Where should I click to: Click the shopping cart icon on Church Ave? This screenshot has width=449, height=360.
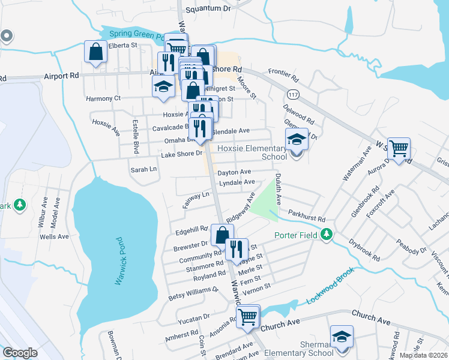coord(248,316)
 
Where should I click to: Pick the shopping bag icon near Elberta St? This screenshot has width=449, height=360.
coord(96,52)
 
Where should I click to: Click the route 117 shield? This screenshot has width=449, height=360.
coord(293,95)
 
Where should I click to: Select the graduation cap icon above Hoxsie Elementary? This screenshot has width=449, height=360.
coord(297,140)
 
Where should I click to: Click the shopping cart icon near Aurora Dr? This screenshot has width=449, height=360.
coord(399,147)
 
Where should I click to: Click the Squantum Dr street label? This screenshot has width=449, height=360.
coord(208,9)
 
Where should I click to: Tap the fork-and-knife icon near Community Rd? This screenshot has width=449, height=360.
coord(237,248)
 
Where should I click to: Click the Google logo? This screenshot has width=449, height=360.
coord(20,353)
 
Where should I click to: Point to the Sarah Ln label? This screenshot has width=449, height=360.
coord(143,170)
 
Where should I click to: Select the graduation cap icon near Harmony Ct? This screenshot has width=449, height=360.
coord(163,86)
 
